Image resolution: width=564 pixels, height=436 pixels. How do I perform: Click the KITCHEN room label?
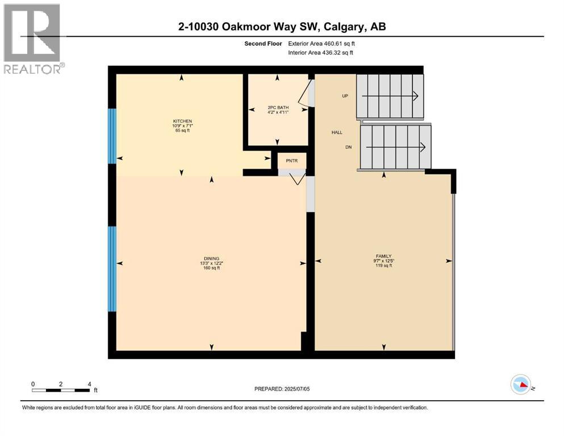182,121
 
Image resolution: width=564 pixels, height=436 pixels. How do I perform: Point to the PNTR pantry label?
291,161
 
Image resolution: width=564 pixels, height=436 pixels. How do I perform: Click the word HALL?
337,132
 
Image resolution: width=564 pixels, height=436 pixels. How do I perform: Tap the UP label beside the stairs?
345,96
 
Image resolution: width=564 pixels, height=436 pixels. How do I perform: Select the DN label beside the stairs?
349,147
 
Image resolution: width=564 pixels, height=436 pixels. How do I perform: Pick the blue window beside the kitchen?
112,136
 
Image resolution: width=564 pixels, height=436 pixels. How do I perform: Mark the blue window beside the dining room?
112,269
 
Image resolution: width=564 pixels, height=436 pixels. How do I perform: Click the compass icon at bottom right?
520,384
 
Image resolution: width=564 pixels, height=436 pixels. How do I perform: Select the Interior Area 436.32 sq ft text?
321,52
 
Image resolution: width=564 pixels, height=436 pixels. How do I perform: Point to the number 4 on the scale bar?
89,384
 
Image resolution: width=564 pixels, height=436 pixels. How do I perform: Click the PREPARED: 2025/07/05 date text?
282,389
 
